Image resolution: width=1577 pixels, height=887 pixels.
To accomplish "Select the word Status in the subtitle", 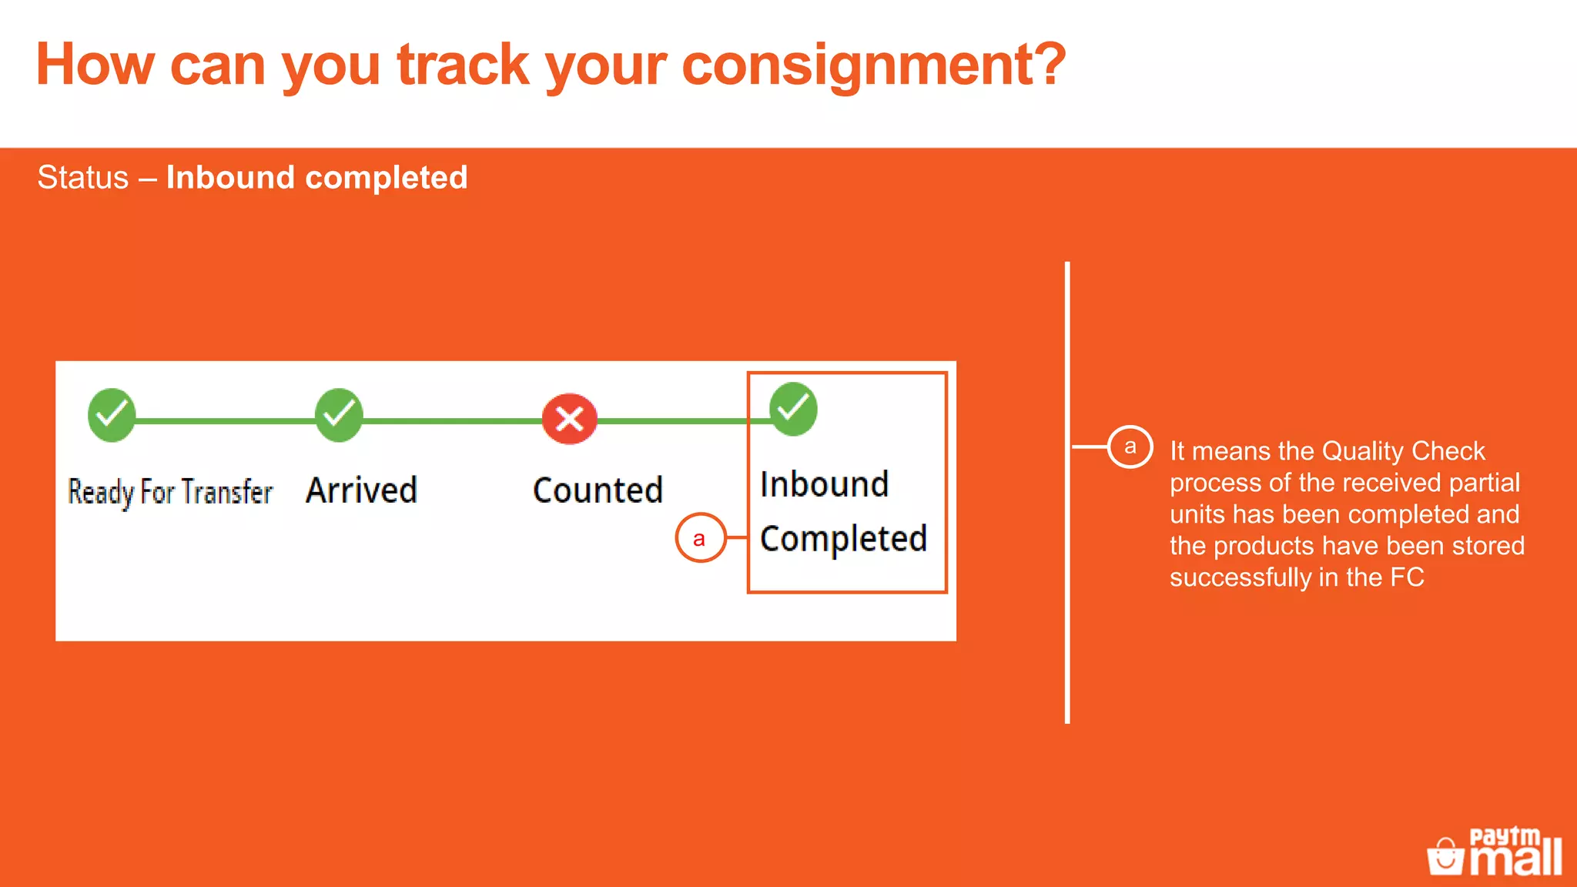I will pos(83,178).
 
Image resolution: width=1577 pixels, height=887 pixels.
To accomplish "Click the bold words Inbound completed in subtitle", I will pos(316,178).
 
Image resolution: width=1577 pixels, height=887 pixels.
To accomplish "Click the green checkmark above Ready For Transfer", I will pos(112,415).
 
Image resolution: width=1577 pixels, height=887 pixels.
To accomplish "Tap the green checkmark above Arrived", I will pos(339,415).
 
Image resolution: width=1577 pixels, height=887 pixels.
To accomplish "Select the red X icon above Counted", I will pos(570,420).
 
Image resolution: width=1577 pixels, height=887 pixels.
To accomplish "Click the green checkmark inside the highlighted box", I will pos(793,409).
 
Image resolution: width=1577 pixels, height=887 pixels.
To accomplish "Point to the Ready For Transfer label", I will pos(170,492).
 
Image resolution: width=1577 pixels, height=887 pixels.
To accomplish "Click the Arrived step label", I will pos(361,490).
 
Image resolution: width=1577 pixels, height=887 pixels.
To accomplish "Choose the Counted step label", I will pos(598,490).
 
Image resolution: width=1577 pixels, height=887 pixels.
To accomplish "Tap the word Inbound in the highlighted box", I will pos(824,485).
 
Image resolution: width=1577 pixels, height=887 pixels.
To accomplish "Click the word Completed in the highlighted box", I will pos(843,539).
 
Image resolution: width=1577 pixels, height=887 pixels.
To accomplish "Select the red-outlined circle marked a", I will pos(700,538).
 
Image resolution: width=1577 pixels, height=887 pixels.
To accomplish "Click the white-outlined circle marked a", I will pos(1130,447).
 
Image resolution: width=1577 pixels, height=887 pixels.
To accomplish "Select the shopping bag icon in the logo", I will pos(1445,857).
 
